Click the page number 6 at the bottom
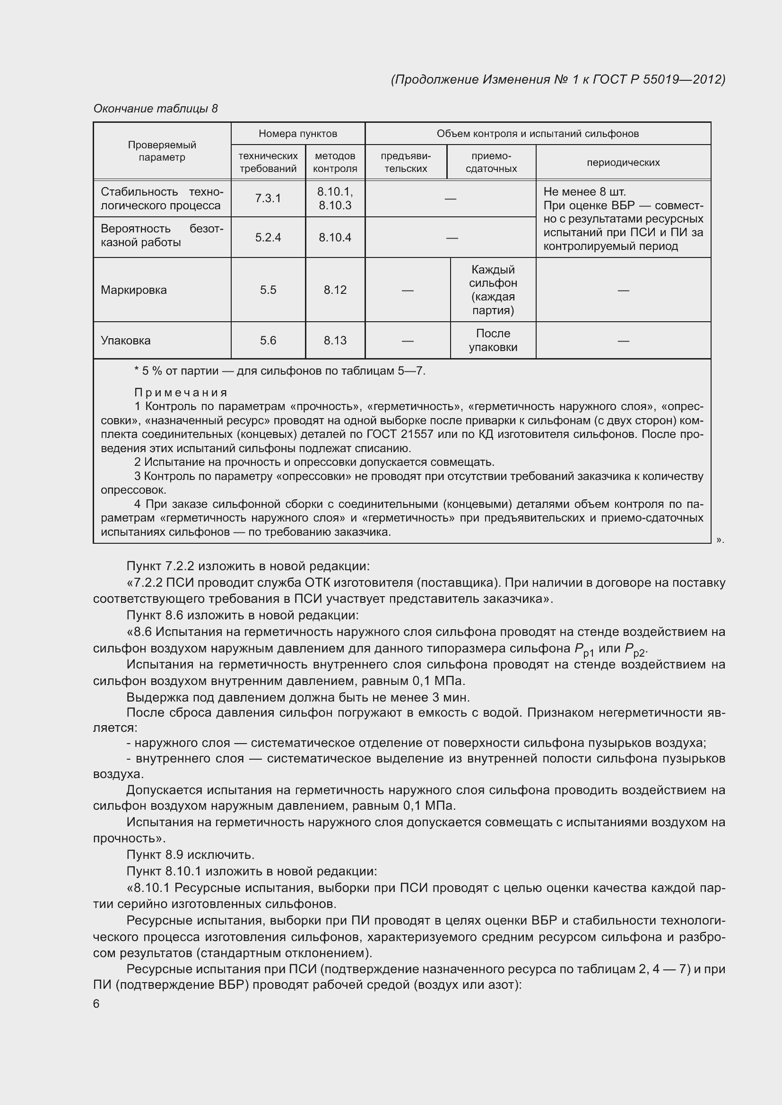(x=96, y=1003)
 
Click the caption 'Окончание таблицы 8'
(x=156, y=109)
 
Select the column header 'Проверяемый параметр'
(x=162, y=151)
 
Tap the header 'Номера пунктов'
(x=297, y=133)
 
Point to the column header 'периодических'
(x=623, y=163)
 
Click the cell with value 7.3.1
(x=268, y=198)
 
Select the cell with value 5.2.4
(x=268, y=237)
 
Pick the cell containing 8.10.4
(x=335, y=237)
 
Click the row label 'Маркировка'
(x=133, y=290)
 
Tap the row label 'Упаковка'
(x=126, y=340)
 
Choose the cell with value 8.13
(x=335, y=340)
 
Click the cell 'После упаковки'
(x=493, y=340)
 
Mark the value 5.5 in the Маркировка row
(x=268, y=290)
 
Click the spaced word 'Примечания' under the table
(x=181, y=393)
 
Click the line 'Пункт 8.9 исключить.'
(x=190, y=855)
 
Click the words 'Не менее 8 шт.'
(x=584, y=191)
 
